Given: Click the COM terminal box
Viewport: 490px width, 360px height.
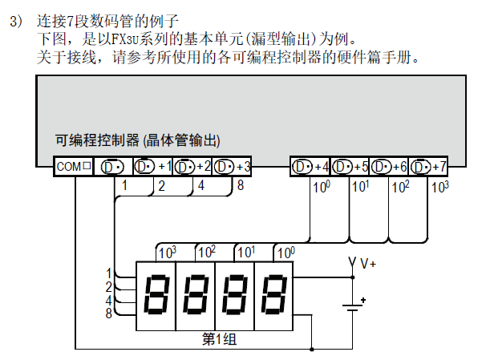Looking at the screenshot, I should pyautogui.click(x=75, y=167).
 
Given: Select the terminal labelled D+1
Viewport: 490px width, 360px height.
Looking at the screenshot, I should pyautogui.click(x=152, y=167).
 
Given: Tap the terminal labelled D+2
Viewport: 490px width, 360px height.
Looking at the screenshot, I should pyautogui.click(x=192, y=167).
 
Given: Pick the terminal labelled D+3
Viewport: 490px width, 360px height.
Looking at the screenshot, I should pyautogui.click(x=233, y=167).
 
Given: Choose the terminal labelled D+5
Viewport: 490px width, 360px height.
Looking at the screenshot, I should pyautogui.click(x=350, y=167).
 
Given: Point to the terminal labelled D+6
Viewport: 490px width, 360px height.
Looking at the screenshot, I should pyautogui.click(x=389, y=167).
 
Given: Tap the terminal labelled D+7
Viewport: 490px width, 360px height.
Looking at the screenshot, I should pyautogui.click(x=428, y=167).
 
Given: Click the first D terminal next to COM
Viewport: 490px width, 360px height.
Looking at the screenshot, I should pyautogui.click(x=113, y=167).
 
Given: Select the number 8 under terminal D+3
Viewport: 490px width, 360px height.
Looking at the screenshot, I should pyautogui.click(x=241, y=186).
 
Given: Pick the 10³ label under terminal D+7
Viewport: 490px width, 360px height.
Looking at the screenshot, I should pyautogui.click(x=439, y=187).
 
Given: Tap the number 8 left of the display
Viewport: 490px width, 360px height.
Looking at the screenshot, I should pyautogui.click(x=108, y=313).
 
